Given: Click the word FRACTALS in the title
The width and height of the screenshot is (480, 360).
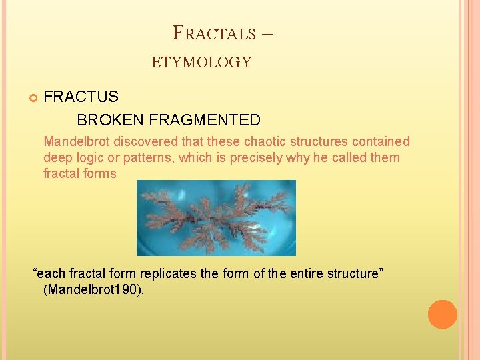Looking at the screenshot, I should (214, 33).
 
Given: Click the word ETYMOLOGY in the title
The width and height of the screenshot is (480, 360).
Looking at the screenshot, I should (201, 63).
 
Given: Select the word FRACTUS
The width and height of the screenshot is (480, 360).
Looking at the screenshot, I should (81, 97).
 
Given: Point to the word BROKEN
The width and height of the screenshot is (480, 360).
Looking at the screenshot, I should (111, 120).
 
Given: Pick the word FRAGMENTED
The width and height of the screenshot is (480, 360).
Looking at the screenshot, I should (205, 120).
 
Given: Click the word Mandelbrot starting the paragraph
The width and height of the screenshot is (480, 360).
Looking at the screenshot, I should (77, 141).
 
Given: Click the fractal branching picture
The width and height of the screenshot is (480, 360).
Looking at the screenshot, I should (216, 218).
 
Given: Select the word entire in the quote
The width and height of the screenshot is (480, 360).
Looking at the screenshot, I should (305, 274).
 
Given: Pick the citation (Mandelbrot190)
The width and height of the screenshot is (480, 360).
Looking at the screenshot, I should (93, 290).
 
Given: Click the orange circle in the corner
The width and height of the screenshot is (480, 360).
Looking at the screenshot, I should (442, 315).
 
